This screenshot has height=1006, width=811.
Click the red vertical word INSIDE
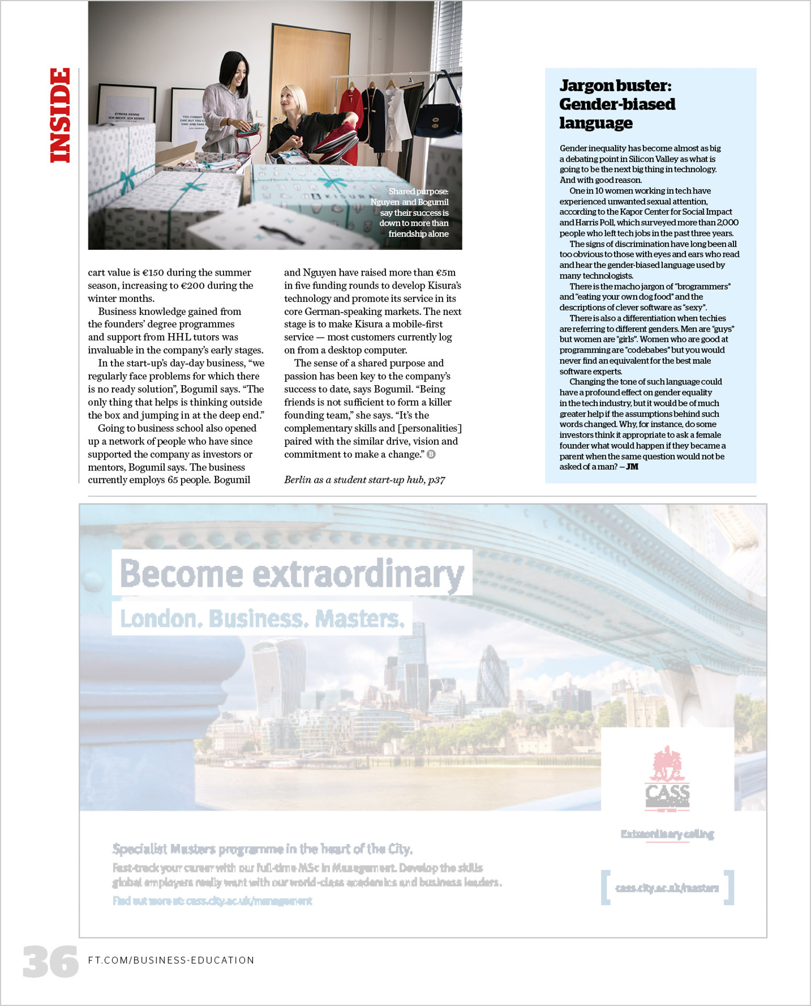click(60, 115)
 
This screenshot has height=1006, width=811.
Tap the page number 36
click(50, 961)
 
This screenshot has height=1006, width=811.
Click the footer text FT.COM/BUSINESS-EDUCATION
click(171, 960)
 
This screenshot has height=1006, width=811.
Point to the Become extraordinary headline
click(292, 573)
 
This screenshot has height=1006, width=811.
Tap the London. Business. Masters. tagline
click(262, 619)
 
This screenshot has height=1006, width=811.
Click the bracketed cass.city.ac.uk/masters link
click(667, 888)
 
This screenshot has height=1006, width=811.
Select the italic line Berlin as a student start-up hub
click(364, 480)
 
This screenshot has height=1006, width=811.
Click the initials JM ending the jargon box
click(632, 467)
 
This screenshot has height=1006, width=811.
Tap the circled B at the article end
click(431, 454)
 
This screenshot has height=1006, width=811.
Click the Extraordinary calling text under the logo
click(667, 834)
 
